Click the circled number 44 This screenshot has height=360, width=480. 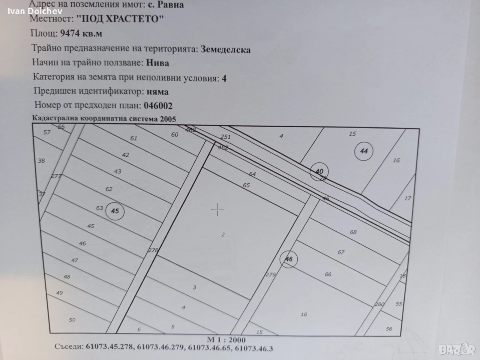(364, 151)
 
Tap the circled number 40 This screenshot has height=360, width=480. (319, 172)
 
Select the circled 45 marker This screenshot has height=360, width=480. (115, 211)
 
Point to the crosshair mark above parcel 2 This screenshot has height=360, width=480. (217, 210)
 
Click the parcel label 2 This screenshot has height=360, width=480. (223, 235)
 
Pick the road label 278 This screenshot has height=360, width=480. (153, 250)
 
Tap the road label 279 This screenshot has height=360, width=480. (270, 274)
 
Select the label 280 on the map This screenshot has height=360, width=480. (379, 304)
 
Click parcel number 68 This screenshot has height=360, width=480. (353, 232)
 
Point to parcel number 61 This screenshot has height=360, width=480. (133, 138)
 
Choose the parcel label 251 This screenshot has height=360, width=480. (225, 137)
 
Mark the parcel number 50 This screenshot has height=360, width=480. (72, 320)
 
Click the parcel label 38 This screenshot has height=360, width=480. (41, 161)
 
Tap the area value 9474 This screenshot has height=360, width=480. (70, 33)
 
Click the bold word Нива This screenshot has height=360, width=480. (157, 63)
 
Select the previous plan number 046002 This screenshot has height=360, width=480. (158, 106)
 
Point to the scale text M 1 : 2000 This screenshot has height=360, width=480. (226, 340)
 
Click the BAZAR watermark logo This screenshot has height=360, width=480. (457, 349)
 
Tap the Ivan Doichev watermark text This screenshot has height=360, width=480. (35, 11)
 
